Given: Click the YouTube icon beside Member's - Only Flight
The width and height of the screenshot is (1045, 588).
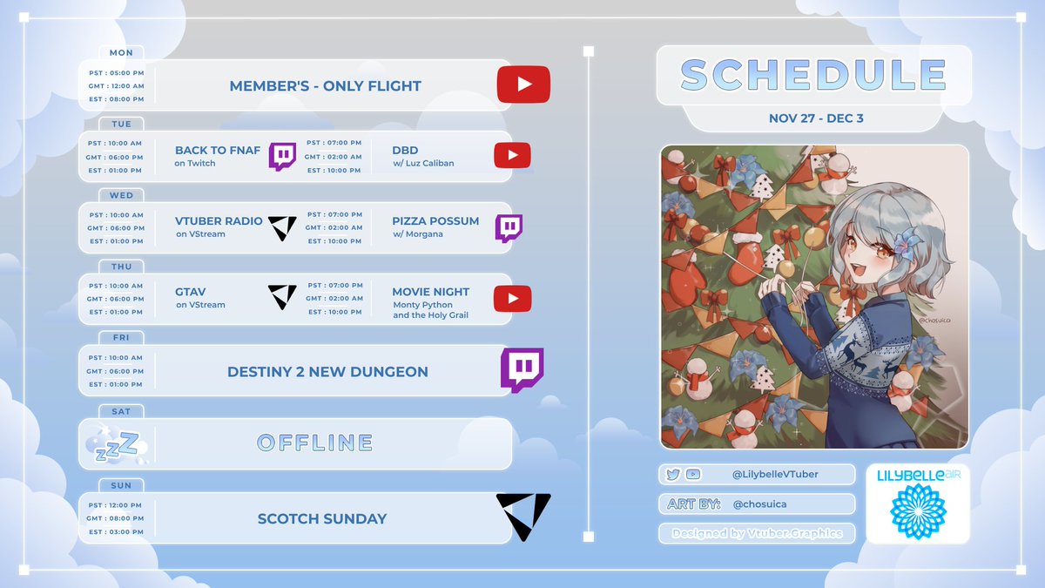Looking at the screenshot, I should coord(523,84).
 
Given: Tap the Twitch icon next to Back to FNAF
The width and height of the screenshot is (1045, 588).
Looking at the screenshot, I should coord(282,156).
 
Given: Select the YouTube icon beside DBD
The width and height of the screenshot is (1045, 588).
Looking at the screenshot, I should coord(512,156).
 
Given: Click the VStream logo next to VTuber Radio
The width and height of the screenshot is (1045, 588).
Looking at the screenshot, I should coord(282,227).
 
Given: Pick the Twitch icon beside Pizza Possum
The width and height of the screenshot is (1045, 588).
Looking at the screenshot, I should coord(509,227).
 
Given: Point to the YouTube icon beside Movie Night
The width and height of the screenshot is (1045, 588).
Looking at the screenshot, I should coord(512,299).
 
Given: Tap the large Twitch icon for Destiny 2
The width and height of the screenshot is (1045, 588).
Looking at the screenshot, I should coord(522,369).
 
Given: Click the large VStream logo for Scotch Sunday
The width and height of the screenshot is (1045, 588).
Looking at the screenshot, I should coord(523,517).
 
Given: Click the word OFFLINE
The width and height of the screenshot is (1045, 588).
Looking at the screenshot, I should coord(315,443).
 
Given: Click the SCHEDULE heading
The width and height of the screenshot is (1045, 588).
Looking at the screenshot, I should coord(813,76).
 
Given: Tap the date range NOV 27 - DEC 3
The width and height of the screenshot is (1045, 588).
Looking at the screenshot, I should coord(816,118).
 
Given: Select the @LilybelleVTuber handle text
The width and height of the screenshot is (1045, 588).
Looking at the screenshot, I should coord(775,474).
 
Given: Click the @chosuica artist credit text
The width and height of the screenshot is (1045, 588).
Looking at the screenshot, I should coord(760,504).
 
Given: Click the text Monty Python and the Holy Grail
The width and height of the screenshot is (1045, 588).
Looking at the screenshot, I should coord(430,310).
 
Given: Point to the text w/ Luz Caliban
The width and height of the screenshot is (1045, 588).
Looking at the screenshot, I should coord(423,164).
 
